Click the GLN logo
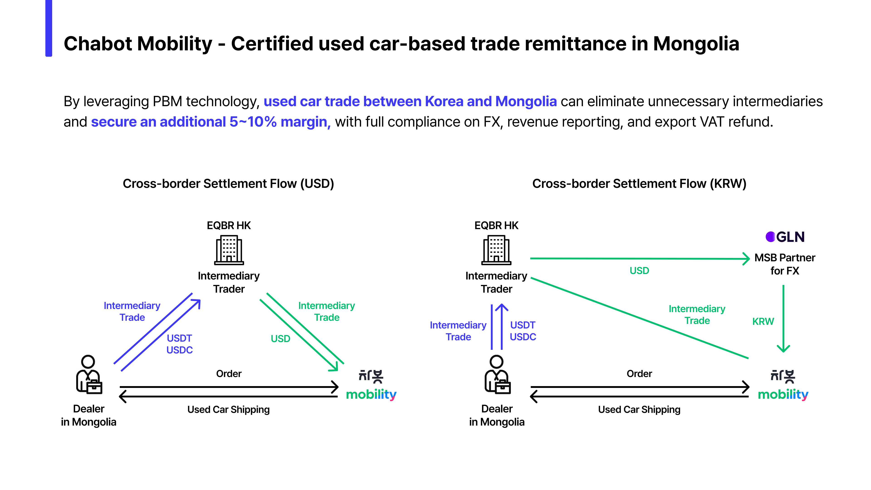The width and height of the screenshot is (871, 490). [x=785, y=237]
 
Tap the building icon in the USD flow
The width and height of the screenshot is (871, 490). [x=229, y=250]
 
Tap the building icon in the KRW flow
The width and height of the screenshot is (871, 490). [x=496, y=250]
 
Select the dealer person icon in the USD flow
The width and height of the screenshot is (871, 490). [x=89, y=375]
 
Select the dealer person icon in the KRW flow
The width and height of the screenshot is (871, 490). [x=497, y=375]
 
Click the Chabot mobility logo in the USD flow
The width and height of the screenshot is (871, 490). [x=371, y=385]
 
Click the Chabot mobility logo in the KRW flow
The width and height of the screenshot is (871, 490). [x=783, y=385]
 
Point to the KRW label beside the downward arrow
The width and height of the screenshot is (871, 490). [x=763, y=321]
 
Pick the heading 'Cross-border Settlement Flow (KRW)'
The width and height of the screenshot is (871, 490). [x=639, y=184]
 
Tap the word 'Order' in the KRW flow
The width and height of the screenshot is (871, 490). [x=639, y=374]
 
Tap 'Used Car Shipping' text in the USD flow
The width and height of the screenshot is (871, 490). [x=229, y=409]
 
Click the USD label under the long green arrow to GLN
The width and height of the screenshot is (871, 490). [x=639, y=271]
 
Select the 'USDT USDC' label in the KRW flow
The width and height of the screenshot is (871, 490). [x=523, y=331]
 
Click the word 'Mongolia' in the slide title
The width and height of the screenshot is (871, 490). [x=696, y=44]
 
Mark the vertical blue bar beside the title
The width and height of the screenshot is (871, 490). [x=49, y=28]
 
